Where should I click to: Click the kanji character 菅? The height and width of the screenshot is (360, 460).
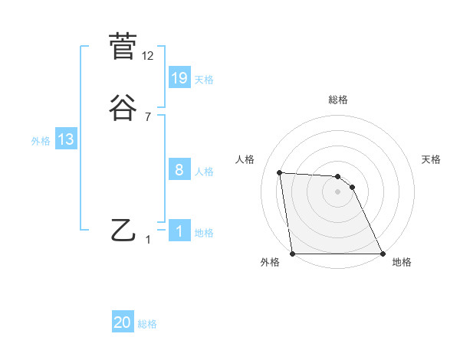(123, 47)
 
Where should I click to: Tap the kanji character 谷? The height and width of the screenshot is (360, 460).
(123, 108)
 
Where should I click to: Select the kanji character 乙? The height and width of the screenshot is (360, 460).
(123, 231)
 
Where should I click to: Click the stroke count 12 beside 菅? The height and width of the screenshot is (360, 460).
(148, 56)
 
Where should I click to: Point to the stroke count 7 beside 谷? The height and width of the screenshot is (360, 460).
(148, 117)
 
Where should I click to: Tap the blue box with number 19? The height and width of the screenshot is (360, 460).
(179, 78)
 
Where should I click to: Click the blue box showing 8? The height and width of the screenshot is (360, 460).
(179, 170)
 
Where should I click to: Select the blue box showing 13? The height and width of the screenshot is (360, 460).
(66, 139)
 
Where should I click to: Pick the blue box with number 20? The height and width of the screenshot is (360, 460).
(123, 323)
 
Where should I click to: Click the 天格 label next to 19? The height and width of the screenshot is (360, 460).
(204, 80)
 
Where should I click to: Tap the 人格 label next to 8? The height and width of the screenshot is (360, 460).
(204, 172)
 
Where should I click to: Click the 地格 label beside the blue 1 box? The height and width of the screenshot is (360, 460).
(204, 233)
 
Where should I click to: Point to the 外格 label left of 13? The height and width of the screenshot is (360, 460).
(40, 141)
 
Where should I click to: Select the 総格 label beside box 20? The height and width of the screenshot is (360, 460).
(147, 325)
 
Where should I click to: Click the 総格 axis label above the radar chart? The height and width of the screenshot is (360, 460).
(337, 100)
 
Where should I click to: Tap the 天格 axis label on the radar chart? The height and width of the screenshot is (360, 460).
(431, 159)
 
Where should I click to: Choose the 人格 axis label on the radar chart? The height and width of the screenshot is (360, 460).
(245, 159)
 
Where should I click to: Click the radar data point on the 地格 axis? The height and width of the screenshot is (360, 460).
(382, 254)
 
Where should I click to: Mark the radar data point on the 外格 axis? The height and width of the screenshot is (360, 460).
(292, 254)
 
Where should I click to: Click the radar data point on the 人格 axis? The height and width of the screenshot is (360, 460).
(280, 172)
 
